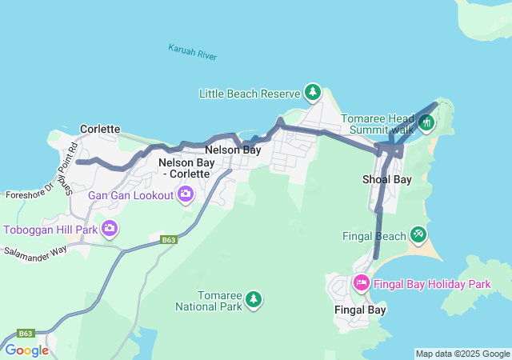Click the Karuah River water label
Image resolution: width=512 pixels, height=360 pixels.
click(193, 53)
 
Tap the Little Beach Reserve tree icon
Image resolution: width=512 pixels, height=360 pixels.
click(312, 94)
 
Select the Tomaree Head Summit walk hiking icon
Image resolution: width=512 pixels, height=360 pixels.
click(426, 122)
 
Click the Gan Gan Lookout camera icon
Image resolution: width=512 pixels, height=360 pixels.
click(186, 194)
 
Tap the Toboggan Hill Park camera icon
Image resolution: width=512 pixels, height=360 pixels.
click(109, 229)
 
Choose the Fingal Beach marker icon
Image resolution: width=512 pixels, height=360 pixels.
click(418, 234)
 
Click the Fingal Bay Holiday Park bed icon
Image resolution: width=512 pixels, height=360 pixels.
click(361, 282)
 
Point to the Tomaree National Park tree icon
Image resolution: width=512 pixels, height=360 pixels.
click(254, 299)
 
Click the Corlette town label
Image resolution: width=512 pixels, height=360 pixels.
click(100, 129)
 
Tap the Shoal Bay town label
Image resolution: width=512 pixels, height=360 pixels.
click(386, 179)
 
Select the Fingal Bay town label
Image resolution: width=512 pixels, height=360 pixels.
click(360, 309)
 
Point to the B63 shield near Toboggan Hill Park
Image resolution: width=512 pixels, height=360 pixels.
click(168, 239)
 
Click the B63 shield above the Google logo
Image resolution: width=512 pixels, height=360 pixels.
click(26, 333)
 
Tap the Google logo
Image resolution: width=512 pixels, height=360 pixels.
click(26, 350)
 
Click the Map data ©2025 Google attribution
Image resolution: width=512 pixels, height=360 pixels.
click(462, 354)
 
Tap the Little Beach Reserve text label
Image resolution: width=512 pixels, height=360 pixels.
click(249, 94)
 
